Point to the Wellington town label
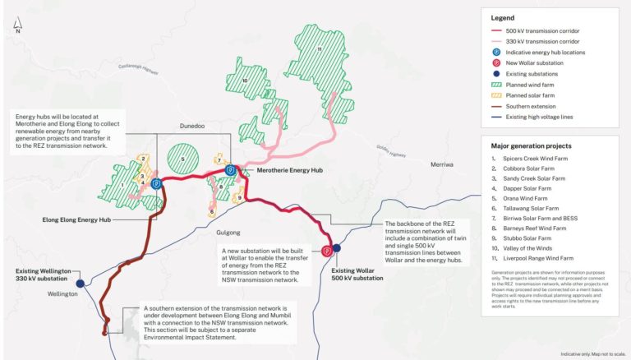(62, 293)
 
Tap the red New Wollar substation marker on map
(327, 250)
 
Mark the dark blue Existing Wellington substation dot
(80, 283)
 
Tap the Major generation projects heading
(540, 146)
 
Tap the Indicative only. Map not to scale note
(590, 353)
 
